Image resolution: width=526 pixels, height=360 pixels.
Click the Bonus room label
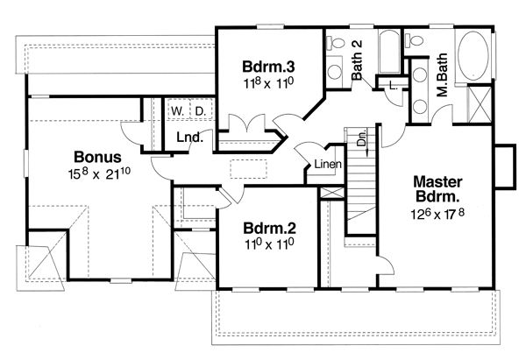click(97, 157)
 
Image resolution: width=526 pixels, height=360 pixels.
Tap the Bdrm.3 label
click(268, 67)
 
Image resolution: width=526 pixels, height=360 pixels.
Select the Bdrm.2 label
click(270, 229)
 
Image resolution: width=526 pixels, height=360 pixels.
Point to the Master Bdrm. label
click(437, 189)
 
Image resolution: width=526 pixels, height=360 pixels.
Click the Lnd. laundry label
click(189, 138)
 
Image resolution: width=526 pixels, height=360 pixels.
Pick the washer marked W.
click(177, 111)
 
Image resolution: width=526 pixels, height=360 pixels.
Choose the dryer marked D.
click(201, 111)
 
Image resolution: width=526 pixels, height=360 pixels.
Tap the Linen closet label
click(328, 165)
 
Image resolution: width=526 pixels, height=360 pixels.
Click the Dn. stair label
click(361, 138)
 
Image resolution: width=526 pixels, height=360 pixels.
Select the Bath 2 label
click(358, 60)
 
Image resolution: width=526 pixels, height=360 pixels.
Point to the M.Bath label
click(443, 74)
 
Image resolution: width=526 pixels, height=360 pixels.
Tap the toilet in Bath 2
click(336, 43)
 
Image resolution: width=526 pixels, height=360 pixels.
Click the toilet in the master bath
click(414, 40)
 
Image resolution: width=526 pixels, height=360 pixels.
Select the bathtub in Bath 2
click(389, 51)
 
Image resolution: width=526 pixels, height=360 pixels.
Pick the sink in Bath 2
click(335, 71)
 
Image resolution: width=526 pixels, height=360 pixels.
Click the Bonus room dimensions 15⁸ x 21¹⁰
click(99, 173)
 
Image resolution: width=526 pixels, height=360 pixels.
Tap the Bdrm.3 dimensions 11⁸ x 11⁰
click(268, 83)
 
